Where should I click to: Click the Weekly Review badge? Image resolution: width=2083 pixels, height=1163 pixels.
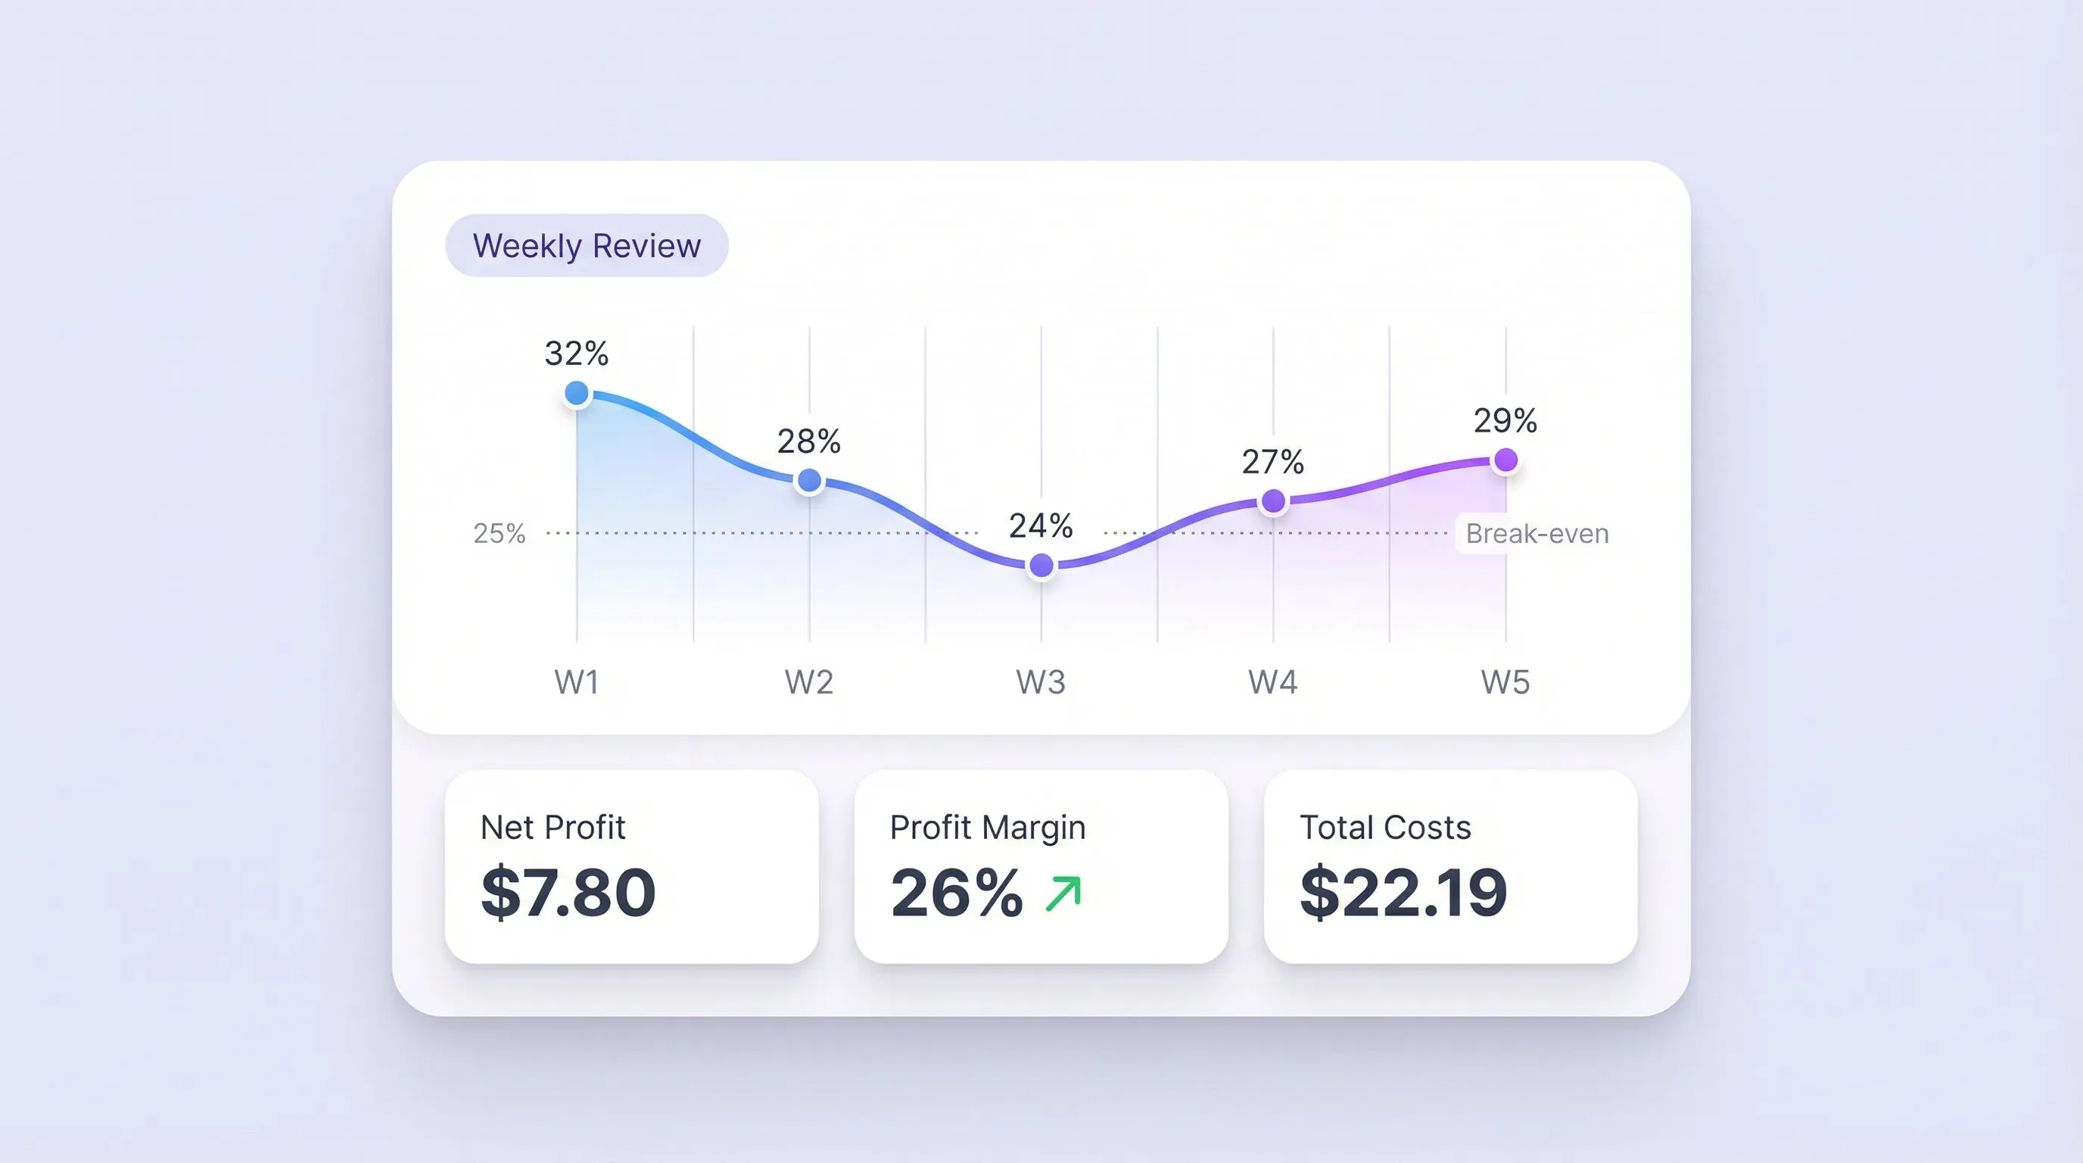[x=587, y=245]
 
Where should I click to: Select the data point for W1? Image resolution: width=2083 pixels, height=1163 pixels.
[x=577, y=394]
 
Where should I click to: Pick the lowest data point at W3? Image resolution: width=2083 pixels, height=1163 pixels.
[x=1041, y=566]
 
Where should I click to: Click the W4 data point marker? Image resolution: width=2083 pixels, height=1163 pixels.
[x=1273, y=501]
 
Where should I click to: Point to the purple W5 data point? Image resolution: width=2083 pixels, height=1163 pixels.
[x=1505, y=460]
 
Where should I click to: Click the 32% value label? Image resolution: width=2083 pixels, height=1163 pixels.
[x=576, y=354]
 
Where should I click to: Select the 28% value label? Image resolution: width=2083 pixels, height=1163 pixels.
[x=808, y=441]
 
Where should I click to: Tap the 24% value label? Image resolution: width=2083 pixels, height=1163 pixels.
[x=1041, y=526]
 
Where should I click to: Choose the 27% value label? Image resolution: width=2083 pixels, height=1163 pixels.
[x=1273, y=463]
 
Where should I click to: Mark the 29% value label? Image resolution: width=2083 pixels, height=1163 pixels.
[x=1505, y=420]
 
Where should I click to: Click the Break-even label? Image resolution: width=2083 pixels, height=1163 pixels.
[x=1537, y=534]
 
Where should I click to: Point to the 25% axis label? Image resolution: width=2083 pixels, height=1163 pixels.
[x=499, y=534]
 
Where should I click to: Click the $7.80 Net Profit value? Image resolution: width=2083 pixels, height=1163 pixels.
[x=568, y=893]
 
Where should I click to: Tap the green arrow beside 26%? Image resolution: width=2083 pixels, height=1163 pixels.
[x=1063, y=893]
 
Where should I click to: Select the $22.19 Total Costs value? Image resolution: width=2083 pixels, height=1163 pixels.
[x=1403, y=893]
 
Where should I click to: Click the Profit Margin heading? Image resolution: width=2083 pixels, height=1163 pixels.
[x=987, y=828]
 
